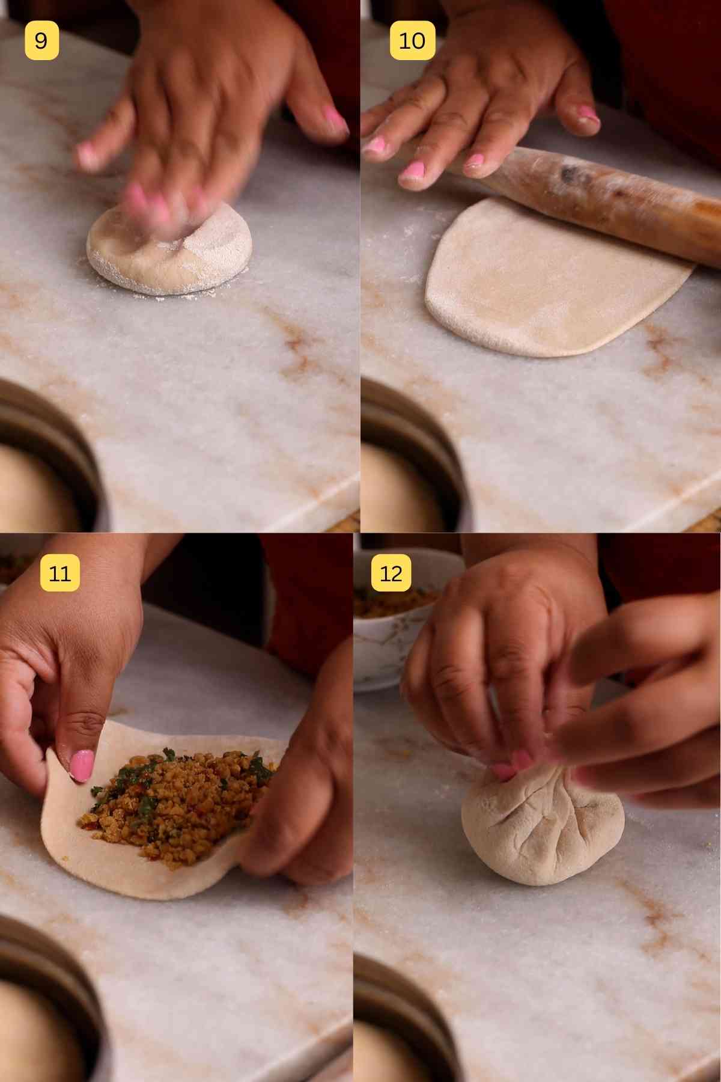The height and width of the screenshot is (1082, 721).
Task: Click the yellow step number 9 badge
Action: point(41,41)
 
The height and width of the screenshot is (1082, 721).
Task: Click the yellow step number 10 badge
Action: point(412,41)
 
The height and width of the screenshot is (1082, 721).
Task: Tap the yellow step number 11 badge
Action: point(59,573)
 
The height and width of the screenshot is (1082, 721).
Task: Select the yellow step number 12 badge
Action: point(391,573)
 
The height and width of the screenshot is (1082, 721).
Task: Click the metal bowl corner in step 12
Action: point(403,1022)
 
